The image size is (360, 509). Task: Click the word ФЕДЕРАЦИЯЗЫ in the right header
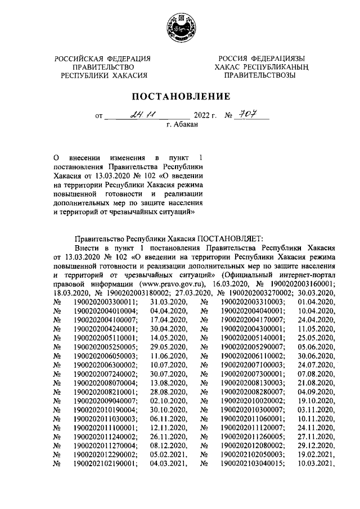tap(278, 58)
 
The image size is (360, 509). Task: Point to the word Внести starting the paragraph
tap(87, 247)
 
